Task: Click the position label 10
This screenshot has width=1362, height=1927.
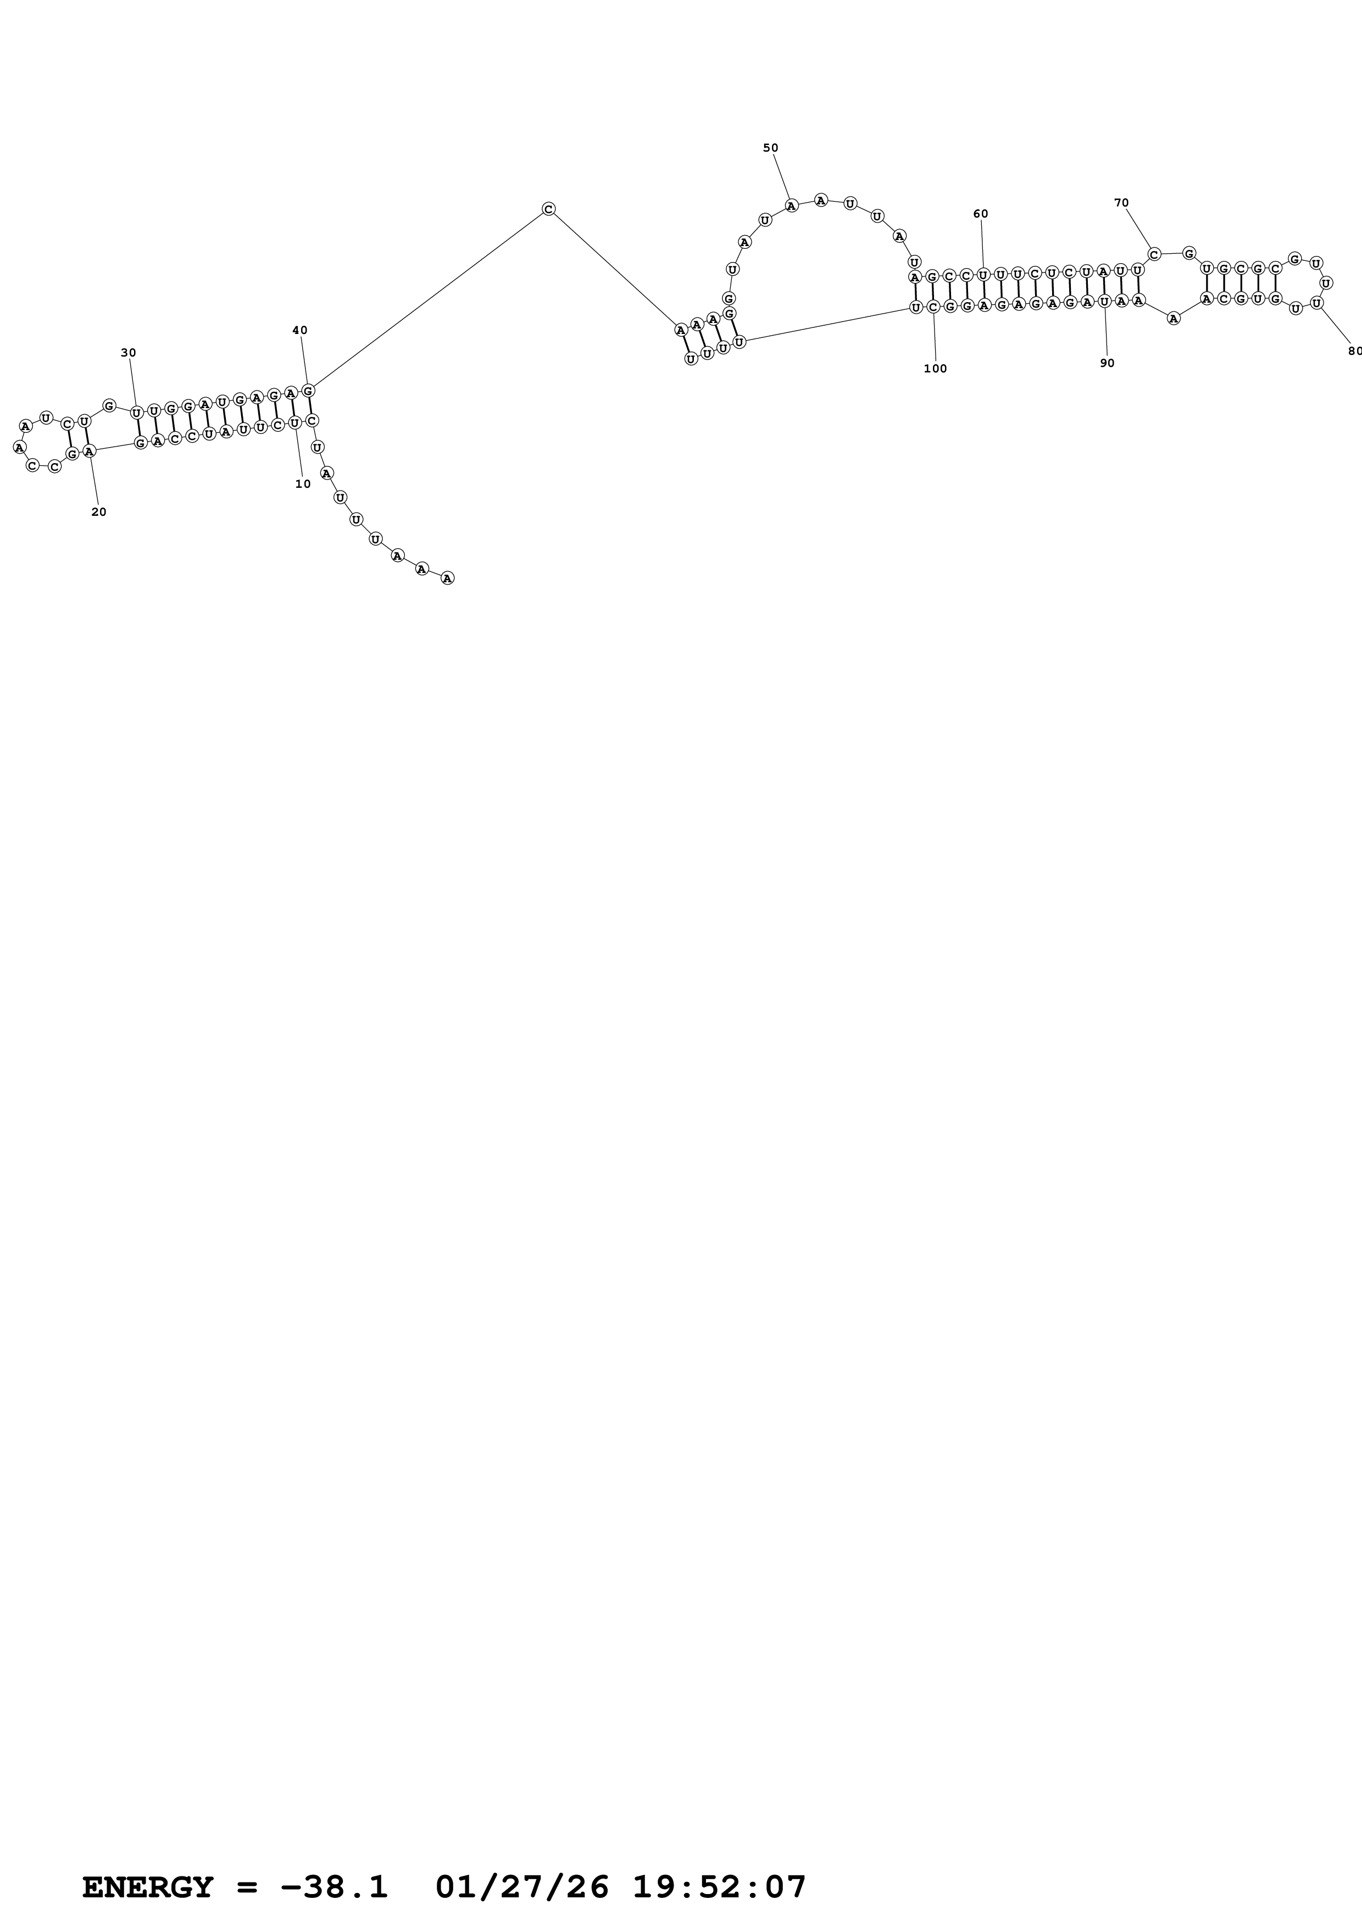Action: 303,484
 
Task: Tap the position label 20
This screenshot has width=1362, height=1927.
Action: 99,512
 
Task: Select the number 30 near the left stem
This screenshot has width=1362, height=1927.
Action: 129,353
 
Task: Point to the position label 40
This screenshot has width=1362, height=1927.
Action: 299,331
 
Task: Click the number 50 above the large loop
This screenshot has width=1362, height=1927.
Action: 770,148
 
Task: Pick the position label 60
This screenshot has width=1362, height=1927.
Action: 980,214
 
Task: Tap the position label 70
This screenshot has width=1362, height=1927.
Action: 1121,203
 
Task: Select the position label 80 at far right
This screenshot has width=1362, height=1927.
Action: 1354,351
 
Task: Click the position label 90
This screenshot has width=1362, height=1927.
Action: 1107,364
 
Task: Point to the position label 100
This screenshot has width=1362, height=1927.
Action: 935,369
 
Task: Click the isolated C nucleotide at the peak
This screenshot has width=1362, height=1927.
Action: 548,209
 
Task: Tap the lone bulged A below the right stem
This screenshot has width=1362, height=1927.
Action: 1173,318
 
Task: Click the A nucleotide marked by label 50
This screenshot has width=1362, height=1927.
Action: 791,205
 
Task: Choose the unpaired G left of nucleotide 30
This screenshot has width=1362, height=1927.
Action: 109,406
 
